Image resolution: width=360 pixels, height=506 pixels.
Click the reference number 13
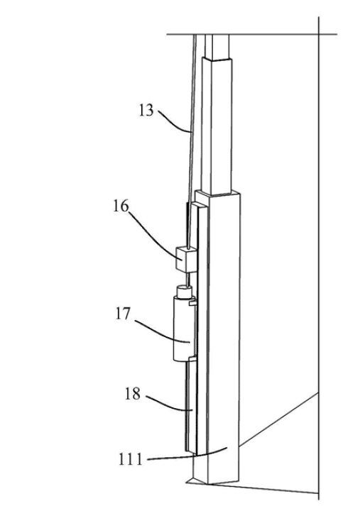pyautogui.click(x=146, y=111)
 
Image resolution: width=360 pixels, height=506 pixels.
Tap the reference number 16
pyautogui.click(x=121, y=206)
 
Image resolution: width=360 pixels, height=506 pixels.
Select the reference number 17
pyautogui.click(x=123, y=314)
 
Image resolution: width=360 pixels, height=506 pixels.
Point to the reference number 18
pyautogui.click(x=133, y=394)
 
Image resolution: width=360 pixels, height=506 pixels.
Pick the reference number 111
pyautogui.click(x=131, y=459)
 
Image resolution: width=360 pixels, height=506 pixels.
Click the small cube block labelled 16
pyautogui.click(x=186, y=259)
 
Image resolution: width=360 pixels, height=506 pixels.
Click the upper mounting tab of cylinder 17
pyautogui.click(x=192, y=302)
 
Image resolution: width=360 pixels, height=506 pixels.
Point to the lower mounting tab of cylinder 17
pyautogui.click(x=192, y=358)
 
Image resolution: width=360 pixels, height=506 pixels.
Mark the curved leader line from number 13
pyautogui.click(x=173, y=121)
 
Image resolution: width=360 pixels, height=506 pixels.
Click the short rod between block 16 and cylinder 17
pyautogui.click(x=186, y=278)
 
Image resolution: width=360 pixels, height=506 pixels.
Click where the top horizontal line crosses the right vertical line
pyautogui.click(x=319, y=34)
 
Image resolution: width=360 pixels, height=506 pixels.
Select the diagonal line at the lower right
pyautogui.click(x=279, y=420)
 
